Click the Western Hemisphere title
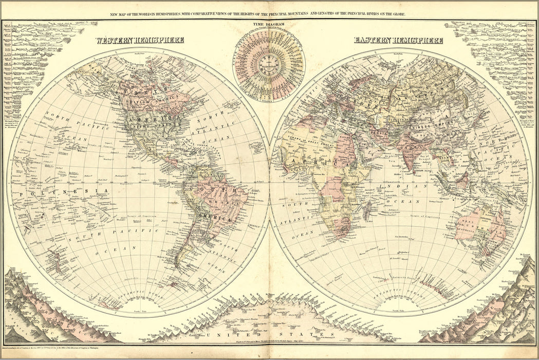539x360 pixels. [140, 40]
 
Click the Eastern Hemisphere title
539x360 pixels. [398, 40]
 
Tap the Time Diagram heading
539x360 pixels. [268, 24]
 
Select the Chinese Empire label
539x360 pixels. [437, 123]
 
